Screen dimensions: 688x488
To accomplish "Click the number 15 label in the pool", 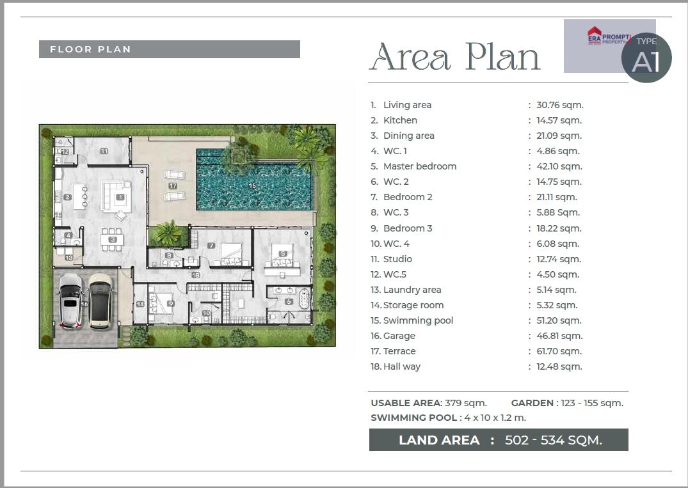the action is coord(252,185).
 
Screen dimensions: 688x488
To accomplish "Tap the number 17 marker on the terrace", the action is coord(173,186).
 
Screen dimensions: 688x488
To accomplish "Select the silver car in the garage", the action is coord(70,301).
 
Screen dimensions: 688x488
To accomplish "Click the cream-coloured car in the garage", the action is coord(100,301).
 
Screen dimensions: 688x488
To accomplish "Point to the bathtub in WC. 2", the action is coord(304,299).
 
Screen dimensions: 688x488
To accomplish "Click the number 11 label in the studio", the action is coord(104,151).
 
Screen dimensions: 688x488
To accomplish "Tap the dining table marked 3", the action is coord(113,240).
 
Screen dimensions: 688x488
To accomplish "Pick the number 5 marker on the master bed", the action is coord(283,253).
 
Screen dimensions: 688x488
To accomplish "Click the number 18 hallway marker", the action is coord(196,275).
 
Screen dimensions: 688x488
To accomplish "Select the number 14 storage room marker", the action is coord(140,304).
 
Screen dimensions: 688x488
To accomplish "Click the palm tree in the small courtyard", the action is coord(168,232).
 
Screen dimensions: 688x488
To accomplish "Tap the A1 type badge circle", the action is coord(646,58).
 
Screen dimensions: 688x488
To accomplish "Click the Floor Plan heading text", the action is coord(90,49).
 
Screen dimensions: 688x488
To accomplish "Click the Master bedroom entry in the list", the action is coord(420,166).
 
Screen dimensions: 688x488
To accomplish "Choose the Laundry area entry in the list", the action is coord(412,290).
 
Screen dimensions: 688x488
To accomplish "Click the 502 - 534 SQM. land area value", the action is coord(554,440).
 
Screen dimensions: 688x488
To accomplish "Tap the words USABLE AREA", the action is coord(406,403).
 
